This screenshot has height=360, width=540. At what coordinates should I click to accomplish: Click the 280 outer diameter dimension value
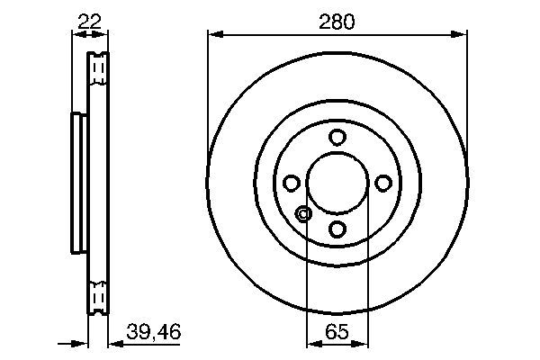[337, 21]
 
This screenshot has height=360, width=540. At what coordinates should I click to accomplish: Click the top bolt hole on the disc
[337, 138]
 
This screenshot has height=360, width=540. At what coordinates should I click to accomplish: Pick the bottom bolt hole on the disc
[337, 229]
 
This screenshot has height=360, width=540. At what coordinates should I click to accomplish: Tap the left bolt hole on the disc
[292, 184]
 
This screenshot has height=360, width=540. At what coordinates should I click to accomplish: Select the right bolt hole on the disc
[383, 184]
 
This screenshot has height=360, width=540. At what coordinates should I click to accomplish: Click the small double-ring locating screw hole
[303, 214]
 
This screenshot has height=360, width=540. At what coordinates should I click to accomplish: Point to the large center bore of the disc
[337, 184]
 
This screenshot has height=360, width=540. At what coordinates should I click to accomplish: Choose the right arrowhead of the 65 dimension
[363, 344]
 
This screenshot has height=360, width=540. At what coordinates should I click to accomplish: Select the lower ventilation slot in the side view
[98, 298]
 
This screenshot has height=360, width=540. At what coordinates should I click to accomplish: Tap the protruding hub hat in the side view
[76, 184]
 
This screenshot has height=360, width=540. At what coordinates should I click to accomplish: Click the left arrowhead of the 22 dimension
[76, 35]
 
